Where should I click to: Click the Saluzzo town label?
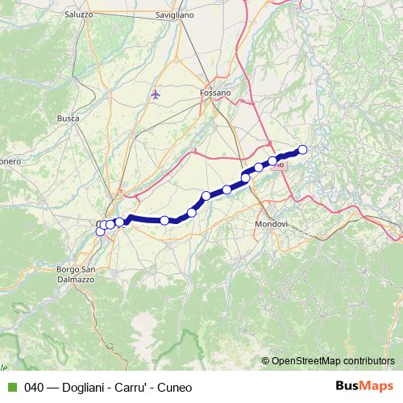(x=78, y=15)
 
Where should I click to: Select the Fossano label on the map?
(x=214, y=93)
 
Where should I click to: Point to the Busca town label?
(x=68, y=118)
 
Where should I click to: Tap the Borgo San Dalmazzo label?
(x=77, y=273)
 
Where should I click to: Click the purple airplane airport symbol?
(x=156, y=94)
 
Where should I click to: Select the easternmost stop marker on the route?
(x=303, y=149)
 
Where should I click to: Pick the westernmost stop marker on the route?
(x=101, y=231)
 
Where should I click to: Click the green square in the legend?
(x=9, y=388)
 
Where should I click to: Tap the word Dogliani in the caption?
(x=80, y=388)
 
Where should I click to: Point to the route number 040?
(x=34, y=388)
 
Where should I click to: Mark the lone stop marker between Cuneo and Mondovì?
(x=164, y=220)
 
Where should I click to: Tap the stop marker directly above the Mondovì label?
(x=245, y=177)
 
